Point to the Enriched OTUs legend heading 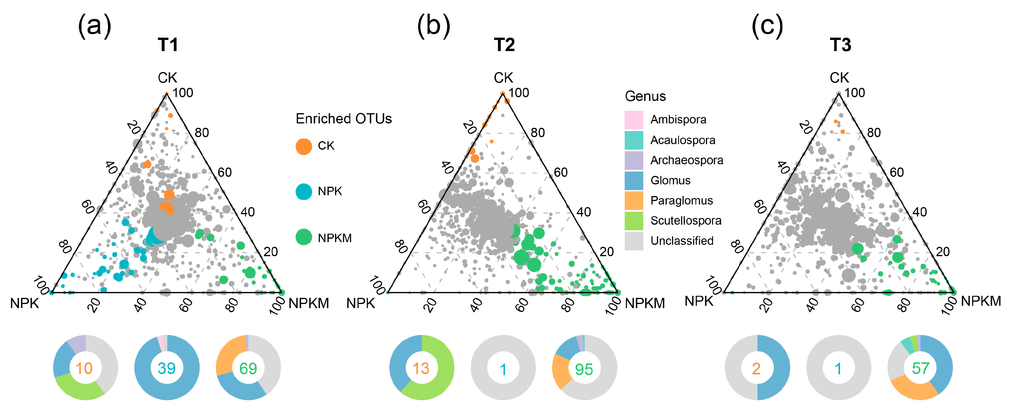point(344,118)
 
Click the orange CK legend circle point(304,146)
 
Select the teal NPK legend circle point(304,192)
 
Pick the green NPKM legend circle point(304,237)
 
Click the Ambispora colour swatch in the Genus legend point(633,120)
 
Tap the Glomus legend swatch point(633,180)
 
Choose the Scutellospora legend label point(686,221)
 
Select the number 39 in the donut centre point(167,368)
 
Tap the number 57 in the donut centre point(920,368)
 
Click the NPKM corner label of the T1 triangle point(309,303)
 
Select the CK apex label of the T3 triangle point(839,78)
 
